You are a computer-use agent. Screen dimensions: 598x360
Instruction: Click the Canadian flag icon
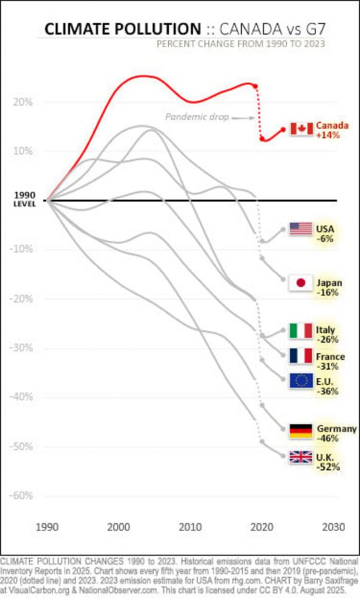pos(301,129)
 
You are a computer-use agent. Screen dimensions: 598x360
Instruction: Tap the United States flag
pos(300,228)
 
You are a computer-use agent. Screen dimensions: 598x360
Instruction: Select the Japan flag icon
pos(300,283)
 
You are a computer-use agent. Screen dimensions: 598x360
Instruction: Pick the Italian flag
pos(300,330)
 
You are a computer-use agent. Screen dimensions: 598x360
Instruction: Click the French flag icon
pos(300,356)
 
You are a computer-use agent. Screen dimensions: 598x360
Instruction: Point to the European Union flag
pos(300,381)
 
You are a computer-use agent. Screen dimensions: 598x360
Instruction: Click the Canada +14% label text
pos(330,130)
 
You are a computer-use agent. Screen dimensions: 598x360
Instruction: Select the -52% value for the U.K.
pos(328,466)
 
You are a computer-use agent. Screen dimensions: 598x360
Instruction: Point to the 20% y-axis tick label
pos(23,102)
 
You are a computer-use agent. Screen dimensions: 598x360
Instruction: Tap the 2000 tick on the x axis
pos(119,527)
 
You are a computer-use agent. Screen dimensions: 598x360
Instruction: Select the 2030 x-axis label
pos(333,527)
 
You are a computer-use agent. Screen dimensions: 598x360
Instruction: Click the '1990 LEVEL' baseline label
pos(25,199)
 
